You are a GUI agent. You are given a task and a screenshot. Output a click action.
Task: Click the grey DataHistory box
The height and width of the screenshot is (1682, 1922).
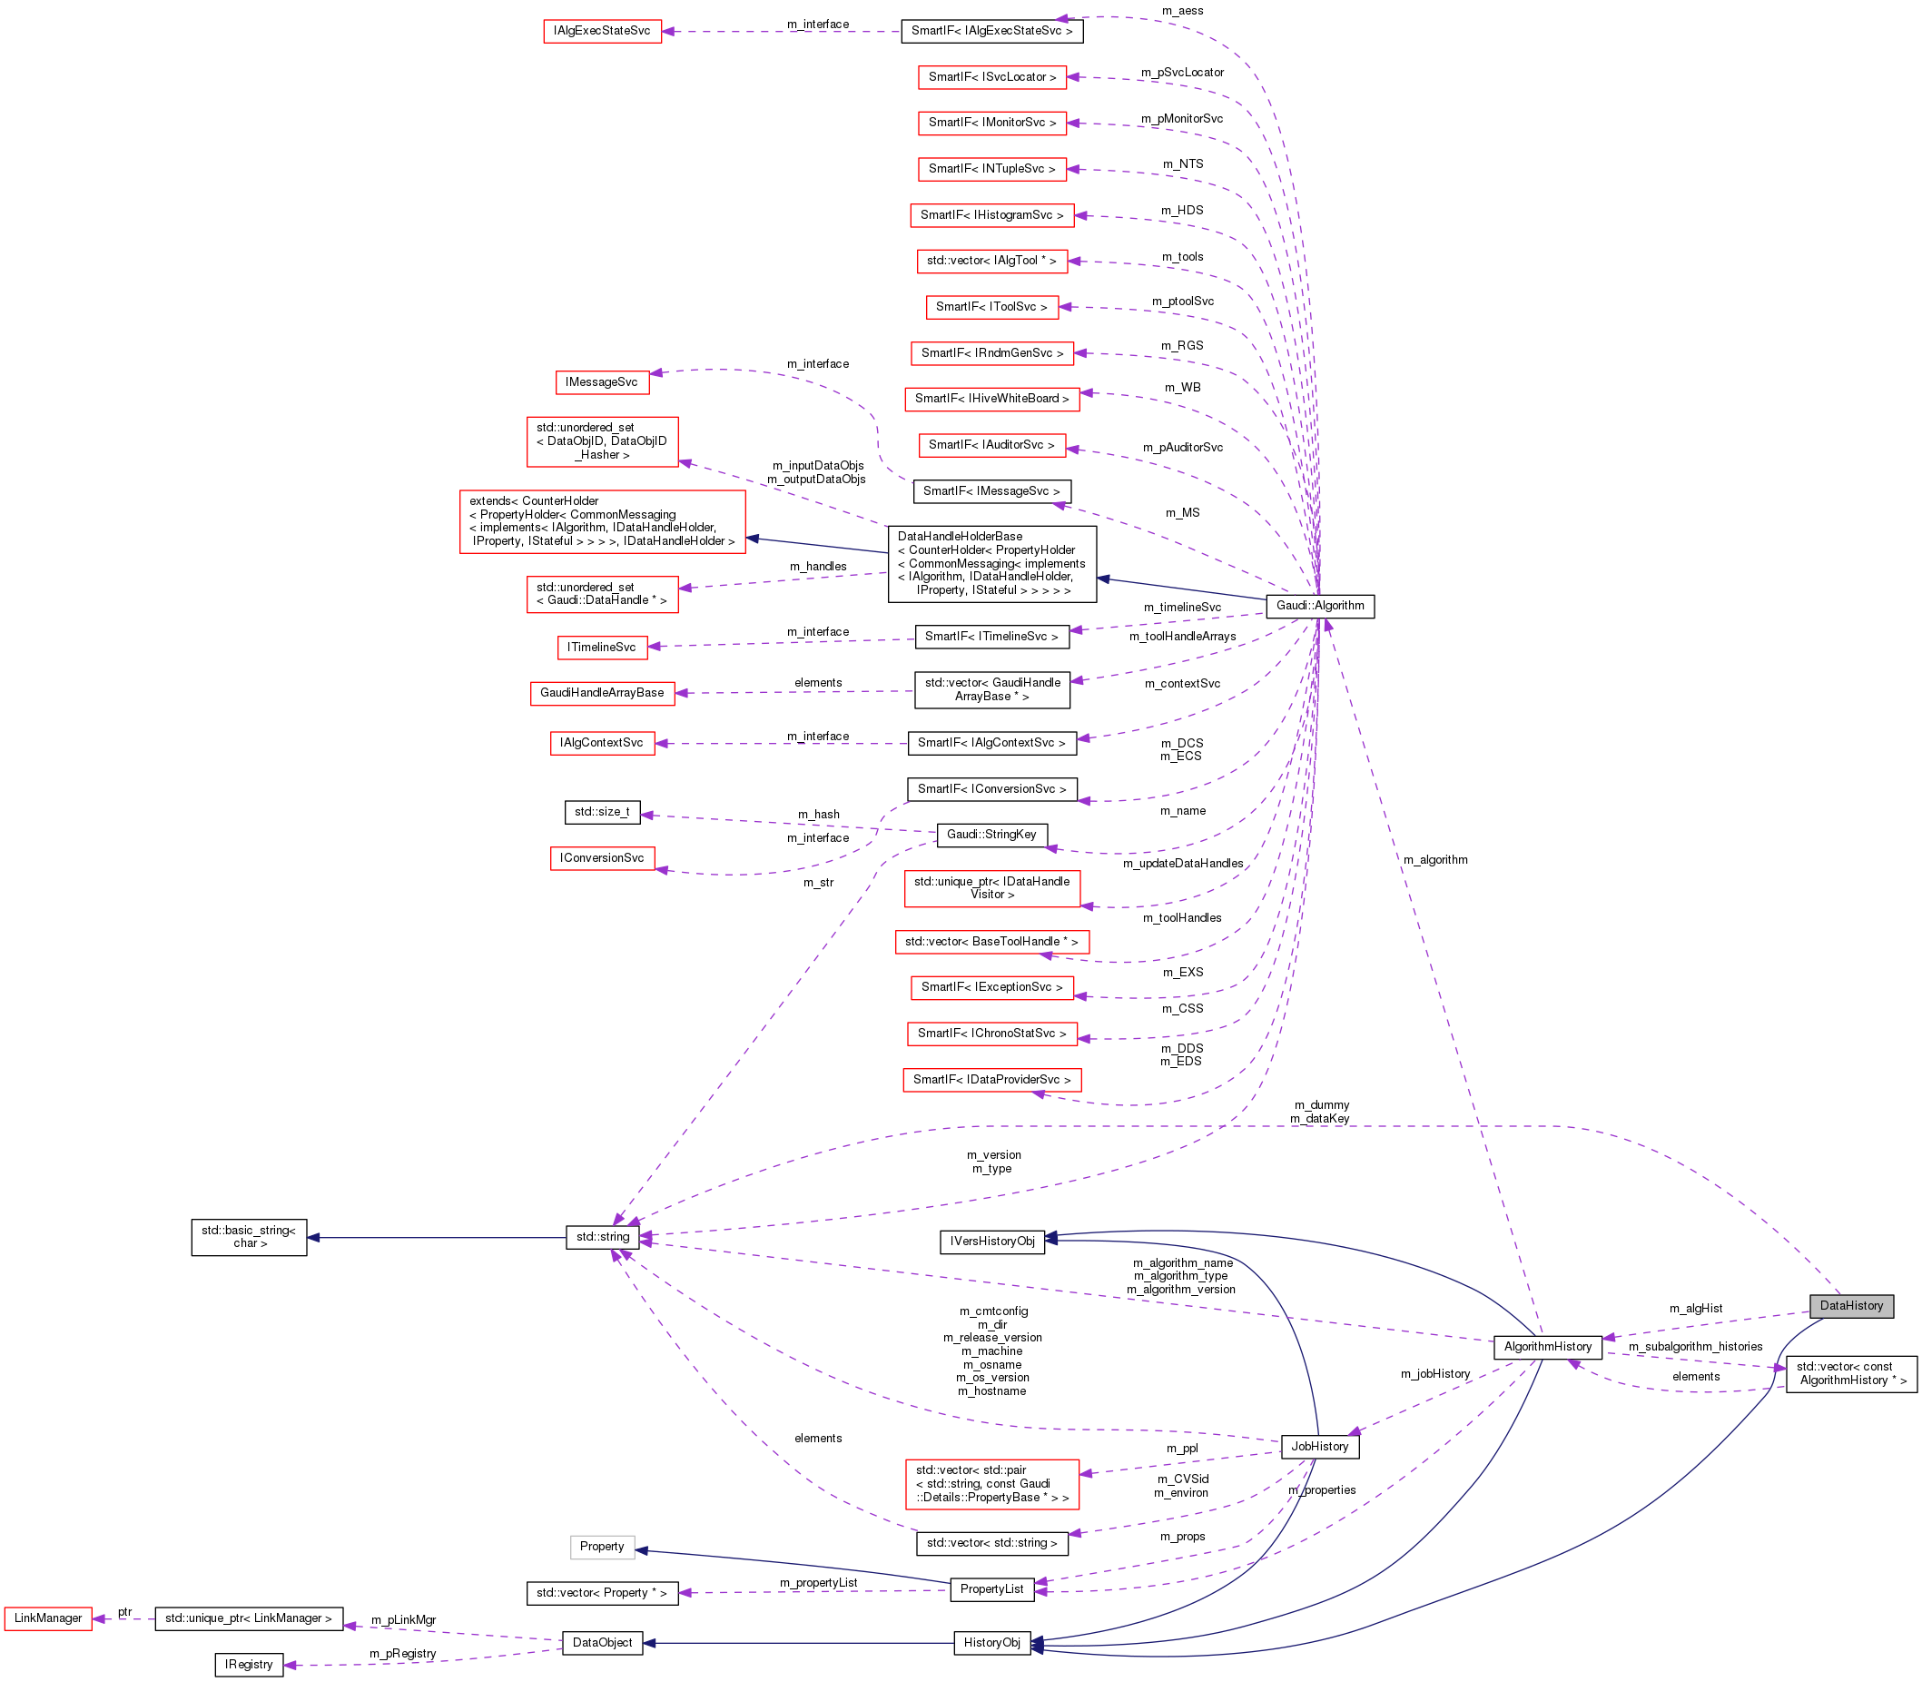pyautogui.click(x=1850, y=1306)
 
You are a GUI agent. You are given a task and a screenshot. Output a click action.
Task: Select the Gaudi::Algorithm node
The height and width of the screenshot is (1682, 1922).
pyautogui.click(x=1319, y=606)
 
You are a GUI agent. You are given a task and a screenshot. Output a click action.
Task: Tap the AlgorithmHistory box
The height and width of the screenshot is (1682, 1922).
pyautogui.click(x=1548, y=1346)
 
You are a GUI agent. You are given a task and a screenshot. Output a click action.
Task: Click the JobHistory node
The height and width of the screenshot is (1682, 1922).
pyautogui.click(x=1318, y=1447)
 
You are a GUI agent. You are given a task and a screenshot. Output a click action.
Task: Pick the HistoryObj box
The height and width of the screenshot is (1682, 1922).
pyautogui.click(x=992, y=1643)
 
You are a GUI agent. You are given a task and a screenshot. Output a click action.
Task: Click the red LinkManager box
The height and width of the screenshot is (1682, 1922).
pyautogui.click(x=48, y=1618)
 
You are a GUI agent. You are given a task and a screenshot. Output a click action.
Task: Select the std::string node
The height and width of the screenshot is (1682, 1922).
pyautogui.click(x=603, y=1237)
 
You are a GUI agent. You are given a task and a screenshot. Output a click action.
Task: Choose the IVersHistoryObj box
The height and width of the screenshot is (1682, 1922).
pyautogui.click(x=992, y=1241)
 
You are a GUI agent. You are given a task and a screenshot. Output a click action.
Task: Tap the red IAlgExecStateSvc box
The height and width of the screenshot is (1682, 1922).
pyautogui.click(x=602, y=31)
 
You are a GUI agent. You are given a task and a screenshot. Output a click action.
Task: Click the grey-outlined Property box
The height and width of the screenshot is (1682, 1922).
pyautogui.click(x=602, y=1546)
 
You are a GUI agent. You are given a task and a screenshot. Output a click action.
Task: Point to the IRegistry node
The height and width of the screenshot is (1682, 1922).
pyautogui.click(x=249, y=1664)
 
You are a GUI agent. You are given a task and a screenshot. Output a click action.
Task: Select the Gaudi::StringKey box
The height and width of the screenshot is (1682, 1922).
pyautogui.click(x=991, y=835)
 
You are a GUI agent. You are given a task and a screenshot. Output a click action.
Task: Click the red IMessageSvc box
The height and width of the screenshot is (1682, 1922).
pyautogui.click(x=602, y=382)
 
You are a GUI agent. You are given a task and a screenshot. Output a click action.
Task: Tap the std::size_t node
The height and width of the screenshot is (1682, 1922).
pyautogui.click(x=602, y=811)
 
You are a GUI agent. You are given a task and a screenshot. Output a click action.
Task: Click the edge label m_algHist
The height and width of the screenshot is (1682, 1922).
pyautogui.click(x=1695, y=1309)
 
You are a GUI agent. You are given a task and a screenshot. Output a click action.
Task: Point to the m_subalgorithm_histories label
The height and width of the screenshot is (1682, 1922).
pyautogui.click(x=1695, y=1347)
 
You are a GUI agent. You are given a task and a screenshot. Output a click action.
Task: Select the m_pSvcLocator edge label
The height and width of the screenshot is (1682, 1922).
pyautogui.click(x=1181, y=73)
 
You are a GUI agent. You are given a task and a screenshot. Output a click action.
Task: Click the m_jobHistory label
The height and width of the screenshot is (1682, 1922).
pyautogui.click(x=1435, y=1374)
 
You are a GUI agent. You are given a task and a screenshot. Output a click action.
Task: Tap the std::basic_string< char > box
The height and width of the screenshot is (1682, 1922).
pyautogui.click(x=249, y=1236)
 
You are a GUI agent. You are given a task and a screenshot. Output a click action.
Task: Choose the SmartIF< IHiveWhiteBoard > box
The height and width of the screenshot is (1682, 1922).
pyautogui.click(x=991, y=399)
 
